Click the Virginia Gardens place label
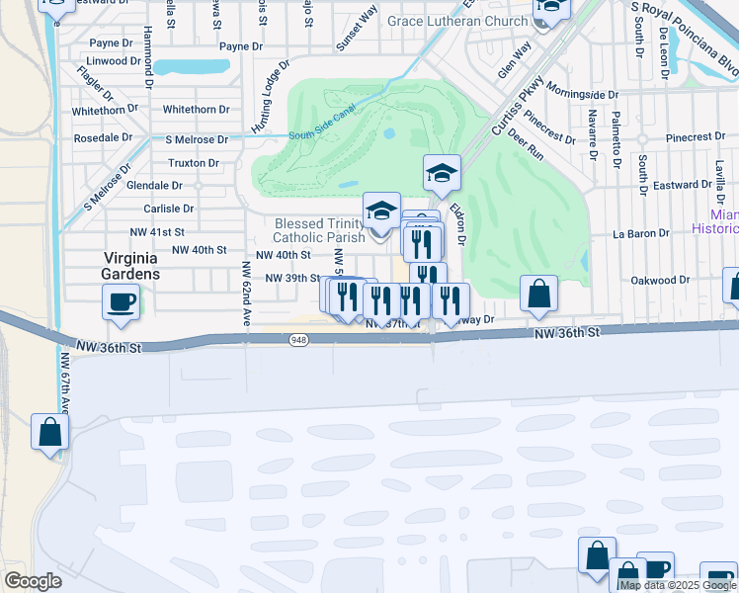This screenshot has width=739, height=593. coord(131,265)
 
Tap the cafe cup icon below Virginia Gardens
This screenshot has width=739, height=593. coord(122,301)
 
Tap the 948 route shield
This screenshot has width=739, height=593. coord(299,340)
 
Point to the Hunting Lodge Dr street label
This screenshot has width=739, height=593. coord(268,100)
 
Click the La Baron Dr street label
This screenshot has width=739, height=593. coord(641,234)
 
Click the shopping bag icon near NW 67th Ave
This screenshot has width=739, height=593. coord(49,432)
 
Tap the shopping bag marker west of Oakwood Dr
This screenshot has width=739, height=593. coord(539,294)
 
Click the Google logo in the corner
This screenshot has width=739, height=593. coord(33,581)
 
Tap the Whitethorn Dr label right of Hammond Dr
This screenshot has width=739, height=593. coord(196,110)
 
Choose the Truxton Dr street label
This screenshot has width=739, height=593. coord(194,163)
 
